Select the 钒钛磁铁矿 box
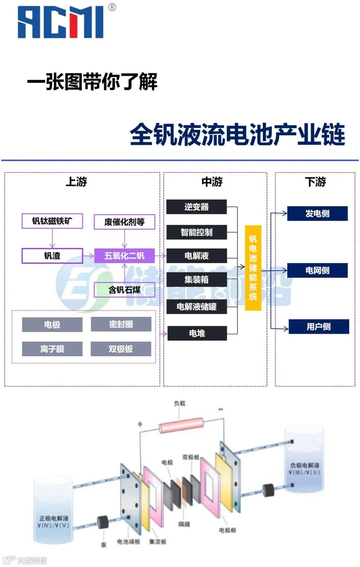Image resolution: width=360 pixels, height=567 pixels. (x=52, y=221)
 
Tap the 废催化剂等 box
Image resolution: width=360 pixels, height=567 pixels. (x=124, y=222)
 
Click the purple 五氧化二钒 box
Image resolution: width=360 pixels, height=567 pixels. (x=124, y=256)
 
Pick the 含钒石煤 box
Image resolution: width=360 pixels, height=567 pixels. (x=124, y=290)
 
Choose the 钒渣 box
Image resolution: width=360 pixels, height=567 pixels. (x=52, y=256)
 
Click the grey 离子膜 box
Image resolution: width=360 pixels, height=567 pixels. (x=52, y=349)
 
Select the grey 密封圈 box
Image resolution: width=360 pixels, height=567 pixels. (x=121, y=324)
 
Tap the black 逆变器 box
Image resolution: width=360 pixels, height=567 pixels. (x=197, y=207)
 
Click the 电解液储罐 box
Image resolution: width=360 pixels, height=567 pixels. (x=197, y=307)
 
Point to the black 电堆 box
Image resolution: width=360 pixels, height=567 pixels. (x=197, y=333)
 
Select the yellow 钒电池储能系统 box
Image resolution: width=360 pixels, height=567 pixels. (x=253, y=268)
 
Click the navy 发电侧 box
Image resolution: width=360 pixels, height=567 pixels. (x=317, y=213)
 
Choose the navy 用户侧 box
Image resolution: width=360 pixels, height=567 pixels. (x=319, y=327)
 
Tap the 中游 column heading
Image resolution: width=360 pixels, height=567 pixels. (x=212, y=182)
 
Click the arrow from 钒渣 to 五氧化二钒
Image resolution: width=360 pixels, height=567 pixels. (x=88, y=256)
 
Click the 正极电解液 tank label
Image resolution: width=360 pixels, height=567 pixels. (x=54, y=522)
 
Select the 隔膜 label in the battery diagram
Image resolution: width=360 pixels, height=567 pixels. (x=184, y=524)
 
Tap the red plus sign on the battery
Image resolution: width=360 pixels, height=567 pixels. (x=140, y=424)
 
